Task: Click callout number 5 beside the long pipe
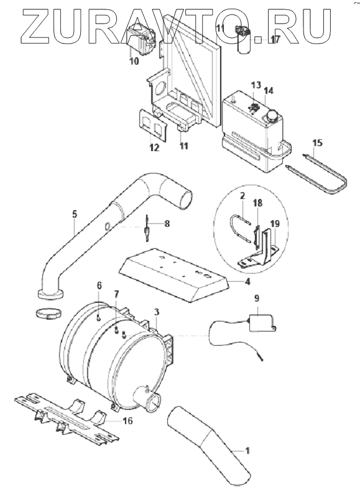75,214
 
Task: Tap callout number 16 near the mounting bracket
127,421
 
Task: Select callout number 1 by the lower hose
247,451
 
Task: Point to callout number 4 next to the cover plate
247,282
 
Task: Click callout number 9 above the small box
257,298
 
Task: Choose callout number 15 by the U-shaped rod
317,143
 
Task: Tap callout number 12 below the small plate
154,147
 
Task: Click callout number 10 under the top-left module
134,61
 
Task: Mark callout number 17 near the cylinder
275,40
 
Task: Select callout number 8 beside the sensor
167,223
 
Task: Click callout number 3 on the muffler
156,312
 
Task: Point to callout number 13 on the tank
256,85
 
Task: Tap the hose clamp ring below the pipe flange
48,314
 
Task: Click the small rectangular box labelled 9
261,322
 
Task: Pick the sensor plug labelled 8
146,228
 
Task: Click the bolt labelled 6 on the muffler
98,317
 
